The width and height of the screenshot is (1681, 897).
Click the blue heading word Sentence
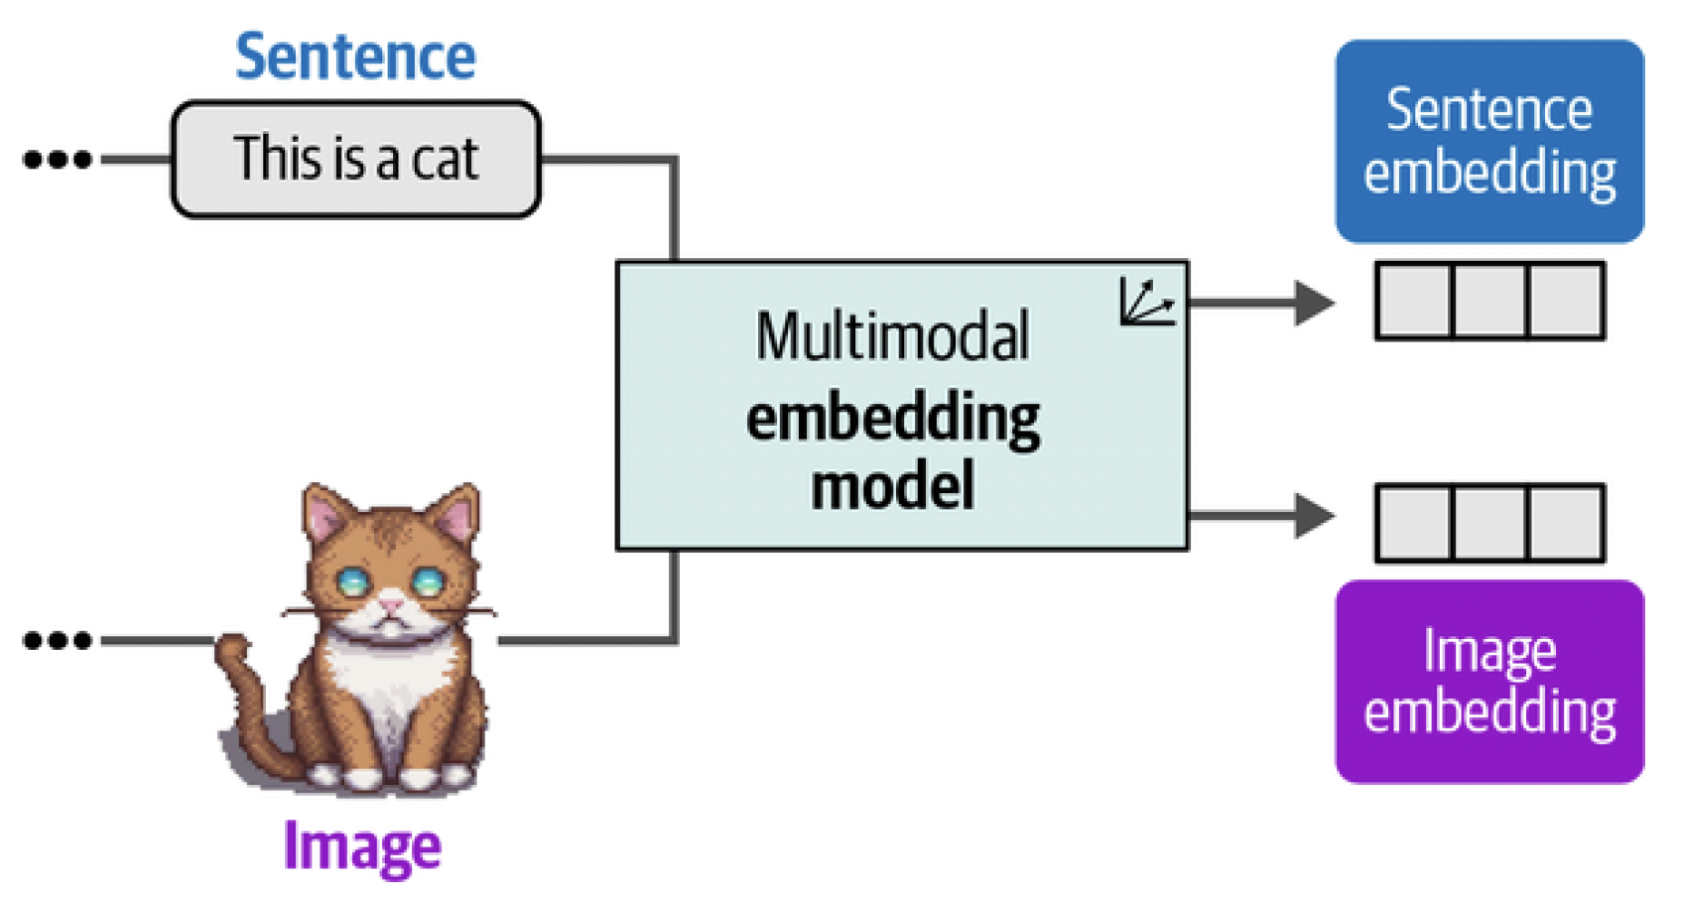pos(355,57)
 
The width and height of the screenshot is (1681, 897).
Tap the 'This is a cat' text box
pos(355,159)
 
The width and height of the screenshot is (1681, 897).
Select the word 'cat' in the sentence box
pos(446,159)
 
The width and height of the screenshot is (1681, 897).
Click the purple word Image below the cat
pos(362,846)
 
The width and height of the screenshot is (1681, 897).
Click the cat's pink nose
pos(392,603)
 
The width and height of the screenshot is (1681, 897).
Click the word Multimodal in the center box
pos(892,336)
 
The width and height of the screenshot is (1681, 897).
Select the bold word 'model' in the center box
pos(892,487)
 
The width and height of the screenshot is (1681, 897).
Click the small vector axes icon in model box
pos(1146,302)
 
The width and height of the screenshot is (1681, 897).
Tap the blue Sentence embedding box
pos(1488,141)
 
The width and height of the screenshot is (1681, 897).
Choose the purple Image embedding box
pos(1488,682)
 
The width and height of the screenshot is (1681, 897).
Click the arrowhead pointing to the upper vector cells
pos(1314,303)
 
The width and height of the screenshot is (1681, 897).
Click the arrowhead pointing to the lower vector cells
pos(1314,516)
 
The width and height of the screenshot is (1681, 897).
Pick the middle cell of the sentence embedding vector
pos(1489,301)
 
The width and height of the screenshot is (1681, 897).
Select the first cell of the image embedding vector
pos(1414,523)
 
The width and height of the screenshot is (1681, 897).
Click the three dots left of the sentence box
pos(58,159)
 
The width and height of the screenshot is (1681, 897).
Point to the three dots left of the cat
pos(58,641)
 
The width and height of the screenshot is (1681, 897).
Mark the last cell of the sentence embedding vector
pos(1565,301)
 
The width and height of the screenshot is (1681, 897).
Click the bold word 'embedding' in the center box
pos(892,419)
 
